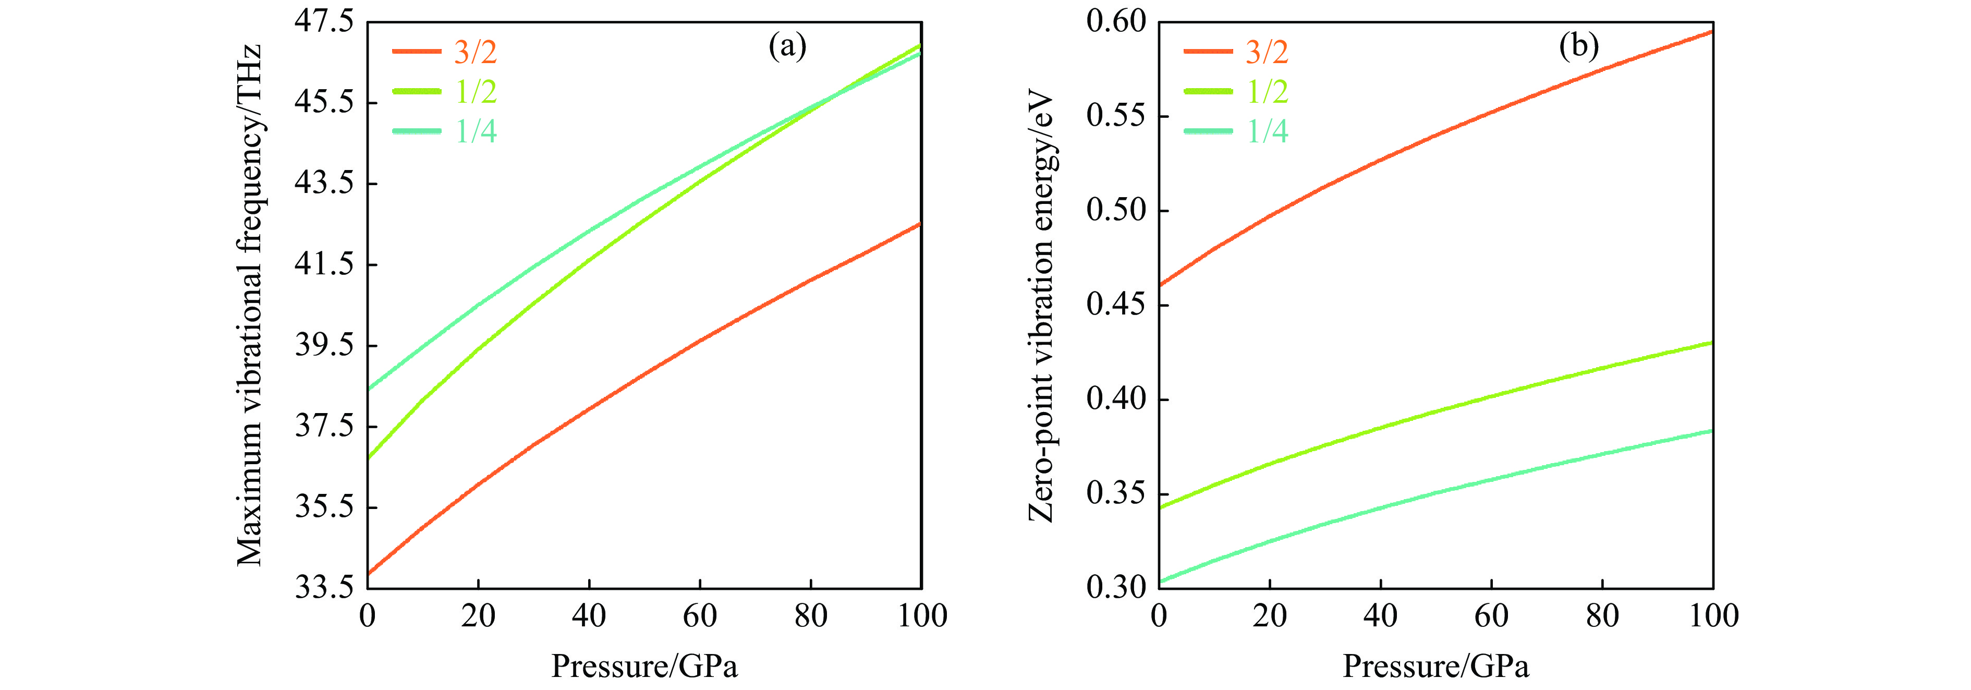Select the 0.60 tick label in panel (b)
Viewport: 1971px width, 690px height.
point(1116,21)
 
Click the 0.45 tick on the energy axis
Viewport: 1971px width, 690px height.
point(1116,305)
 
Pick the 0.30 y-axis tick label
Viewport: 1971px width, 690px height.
point(1116,587)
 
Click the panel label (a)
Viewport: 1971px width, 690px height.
point(787,46)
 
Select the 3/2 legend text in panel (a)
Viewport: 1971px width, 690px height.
point(475,52)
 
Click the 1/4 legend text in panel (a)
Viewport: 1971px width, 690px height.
point(475,131)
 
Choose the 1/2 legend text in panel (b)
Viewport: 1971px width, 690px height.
point(1267,92)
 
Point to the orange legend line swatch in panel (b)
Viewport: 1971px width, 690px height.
point(1208,51)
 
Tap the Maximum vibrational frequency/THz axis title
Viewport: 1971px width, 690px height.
point(249,306)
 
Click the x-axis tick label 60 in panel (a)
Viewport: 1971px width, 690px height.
point(699,616)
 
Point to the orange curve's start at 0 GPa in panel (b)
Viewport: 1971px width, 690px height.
point(1160,285)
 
